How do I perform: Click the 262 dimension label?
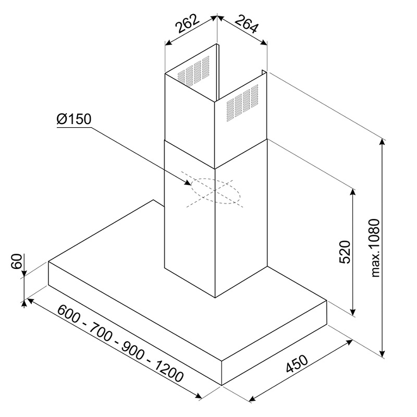(187, 23)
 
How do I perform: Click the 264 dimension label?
(247, 24)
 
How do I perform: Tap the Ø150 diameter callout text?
(74, 119)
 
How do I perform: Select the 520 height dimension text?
(345, 252)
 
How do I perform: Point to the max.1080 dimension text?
(375, 248)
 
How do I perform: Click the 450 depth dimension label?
(297, 363)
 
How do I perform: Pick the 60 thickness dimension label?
(17, 262)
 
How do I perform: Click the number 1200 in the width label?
(169, 372)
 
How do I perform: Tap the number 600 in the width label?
(68, 314)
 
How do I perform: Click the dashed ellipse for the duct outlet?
(215, 191)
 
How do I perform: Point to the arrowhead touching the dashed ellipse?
(188, 182)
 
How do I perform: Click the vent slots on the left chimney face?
(193, 71)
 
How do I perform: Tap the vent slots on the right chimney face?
(242, 103)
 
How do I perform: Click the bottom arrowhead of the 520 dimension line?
(353, 310)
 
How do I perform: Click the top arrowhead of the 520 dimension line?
(353, 193)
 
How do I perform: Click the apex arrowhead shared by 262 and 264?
(217, 17)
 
